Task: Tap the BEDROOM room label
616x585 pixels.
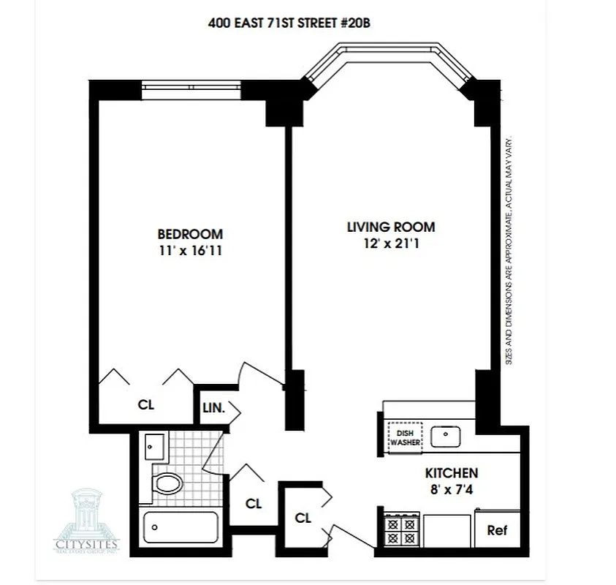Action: pos(190,235)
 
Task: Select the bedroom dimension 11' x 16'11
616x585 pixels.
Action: pos(190,252)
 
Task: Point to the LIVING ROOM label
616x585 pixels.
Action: pos(390,227)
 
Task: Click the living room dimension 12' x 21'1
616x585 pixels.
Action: pos(390,244)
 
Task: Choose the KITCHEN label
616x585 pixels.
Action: pos(452,473)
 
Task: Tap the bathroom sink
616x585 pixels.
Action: pos(155,445)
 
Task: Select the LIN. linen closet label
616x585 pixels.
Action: pos(213,407)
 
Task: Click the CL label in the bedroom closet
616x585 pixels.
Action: pos(145,404)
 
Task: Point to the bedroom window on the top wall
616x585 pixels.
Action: pos(191,89)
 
